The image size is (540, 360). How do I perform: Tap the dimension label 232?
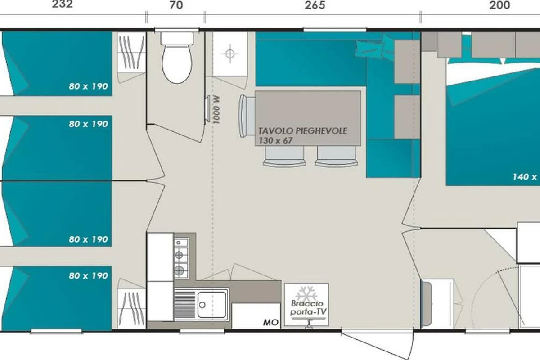[x=62, y=4]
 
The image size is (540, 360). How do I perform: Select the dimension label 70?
[x=176, y=5]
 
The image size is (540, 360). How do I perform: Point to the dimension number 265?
[x=315, y=5]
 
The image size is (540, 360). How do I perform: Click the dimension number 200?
[x=500, y=5]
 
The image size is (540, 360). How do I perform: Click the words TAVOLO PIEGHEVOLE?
[x=303, y=131]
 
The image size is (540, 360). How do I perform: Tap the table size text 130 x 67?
[x=275, y=140]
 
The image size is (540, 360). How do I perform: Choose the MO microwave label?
[x=271, y=322]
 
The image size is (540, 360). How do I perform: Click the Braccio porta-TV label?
[x=308, y=307]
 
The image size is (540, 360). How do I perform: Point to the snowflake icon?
[x=306, y=293]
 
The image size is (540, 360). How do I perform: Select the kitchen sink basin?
[x=212, y=304]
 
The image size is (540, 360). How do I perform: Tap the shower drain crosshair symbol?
[x=230, y=54]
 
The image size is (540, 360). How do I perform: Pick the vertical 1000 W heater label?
[x=216, y=110]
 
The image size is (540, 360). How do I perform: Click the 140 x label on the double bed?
[x=525, y=177]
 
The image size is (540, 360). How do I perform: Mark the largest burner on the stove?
[x=179, y=270]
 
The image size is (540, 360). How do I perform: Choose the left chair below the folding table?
[x=284, y=157]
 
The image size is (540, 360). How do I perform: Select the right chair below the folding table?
[x=337, y=157]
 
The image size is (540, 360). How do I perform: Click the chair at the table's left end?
[x=247, y=116]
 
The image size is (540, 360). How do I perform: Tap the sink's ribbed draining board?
[x=184, y=304]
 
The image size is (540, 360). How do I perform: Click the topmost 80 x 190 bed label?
[x=88, y=86]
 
